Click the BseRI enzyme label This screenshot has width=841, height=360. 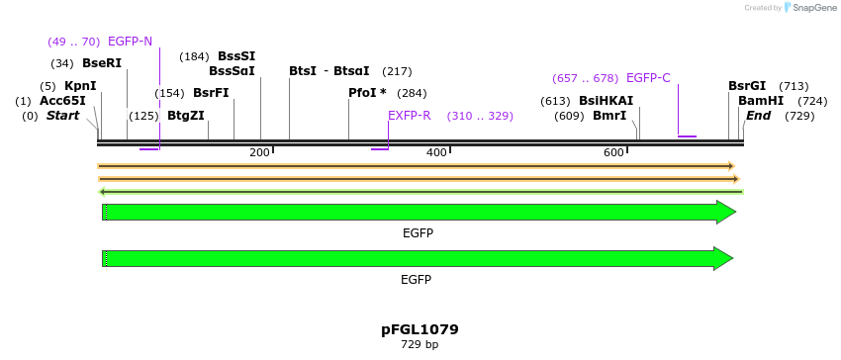(x=102, y=63)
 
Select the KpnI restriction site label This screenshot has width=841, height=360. (x=80, y=86)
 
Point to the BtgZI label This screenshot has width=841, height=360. (x=186, y=116)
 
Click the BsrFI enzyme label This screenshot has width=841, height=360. (x=211, y=93)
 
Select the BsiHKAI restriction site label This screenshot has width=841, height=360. (x=606, y=101)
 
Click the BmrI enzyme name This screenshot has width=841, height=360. (x=609, y=116)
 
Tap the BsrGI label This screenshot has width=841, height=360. (x=747, y=86)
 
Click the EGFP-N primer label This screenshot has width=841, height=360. (x=130, y=42)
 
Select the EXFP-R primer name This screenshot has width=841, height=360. (x=409, y=116)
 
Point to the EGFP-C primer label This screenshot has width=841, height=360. (x=648, y=78)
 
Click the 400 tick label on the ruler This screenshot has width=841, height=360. (x=436, y=152)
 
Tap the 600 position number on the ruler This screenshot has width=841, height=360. (x=613, y=152)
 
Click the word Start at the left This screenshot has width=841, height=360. (x=62, y=116)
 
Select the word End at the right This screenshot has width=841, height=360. (x=758, y=116)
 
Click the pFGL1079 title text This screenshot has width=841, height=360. (x=420, y=329)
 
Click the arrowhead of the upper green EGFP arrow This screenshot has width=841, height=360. (x=726, y=212)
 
